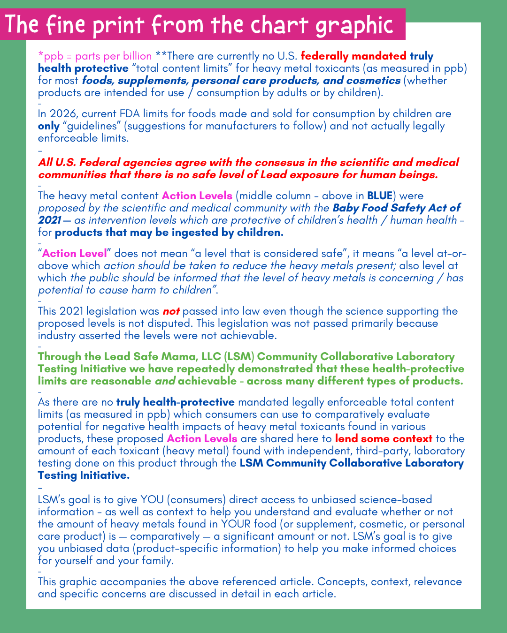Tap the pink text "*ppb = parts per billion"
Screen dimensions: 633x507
pyautogui.click(x=95, y=56)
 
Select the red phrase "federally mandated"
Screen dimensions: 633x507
pyautogui.click(x=353, y=56)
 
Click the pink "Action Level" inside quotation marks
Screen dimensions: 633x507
pyautogui.click(x=75, y=254)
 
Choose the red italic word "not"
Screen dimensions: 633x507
pyautogui.click(x=171, y=311)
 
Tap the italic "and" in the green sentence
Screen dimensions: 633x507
pyautogui.click(x=165, y=381)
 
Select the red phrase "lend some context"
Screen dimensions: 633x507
pyautogui.click(x=384, y=439)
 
